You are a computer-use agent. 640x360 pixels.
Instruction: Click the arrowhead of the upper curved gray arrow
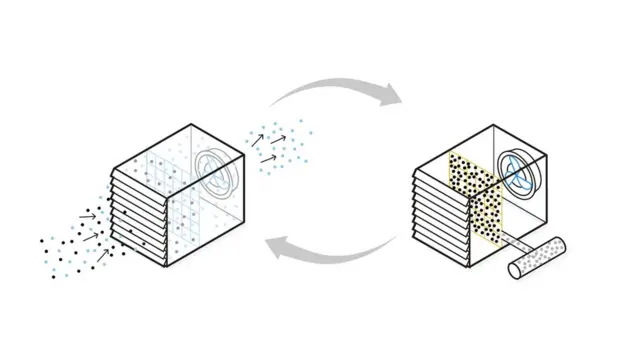(392, 96)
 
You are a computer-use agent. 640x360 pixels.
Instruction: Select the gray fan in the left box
(217, 172)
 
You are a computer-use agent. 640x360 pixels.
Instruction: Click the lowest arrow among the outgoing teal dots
(268, 158)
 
